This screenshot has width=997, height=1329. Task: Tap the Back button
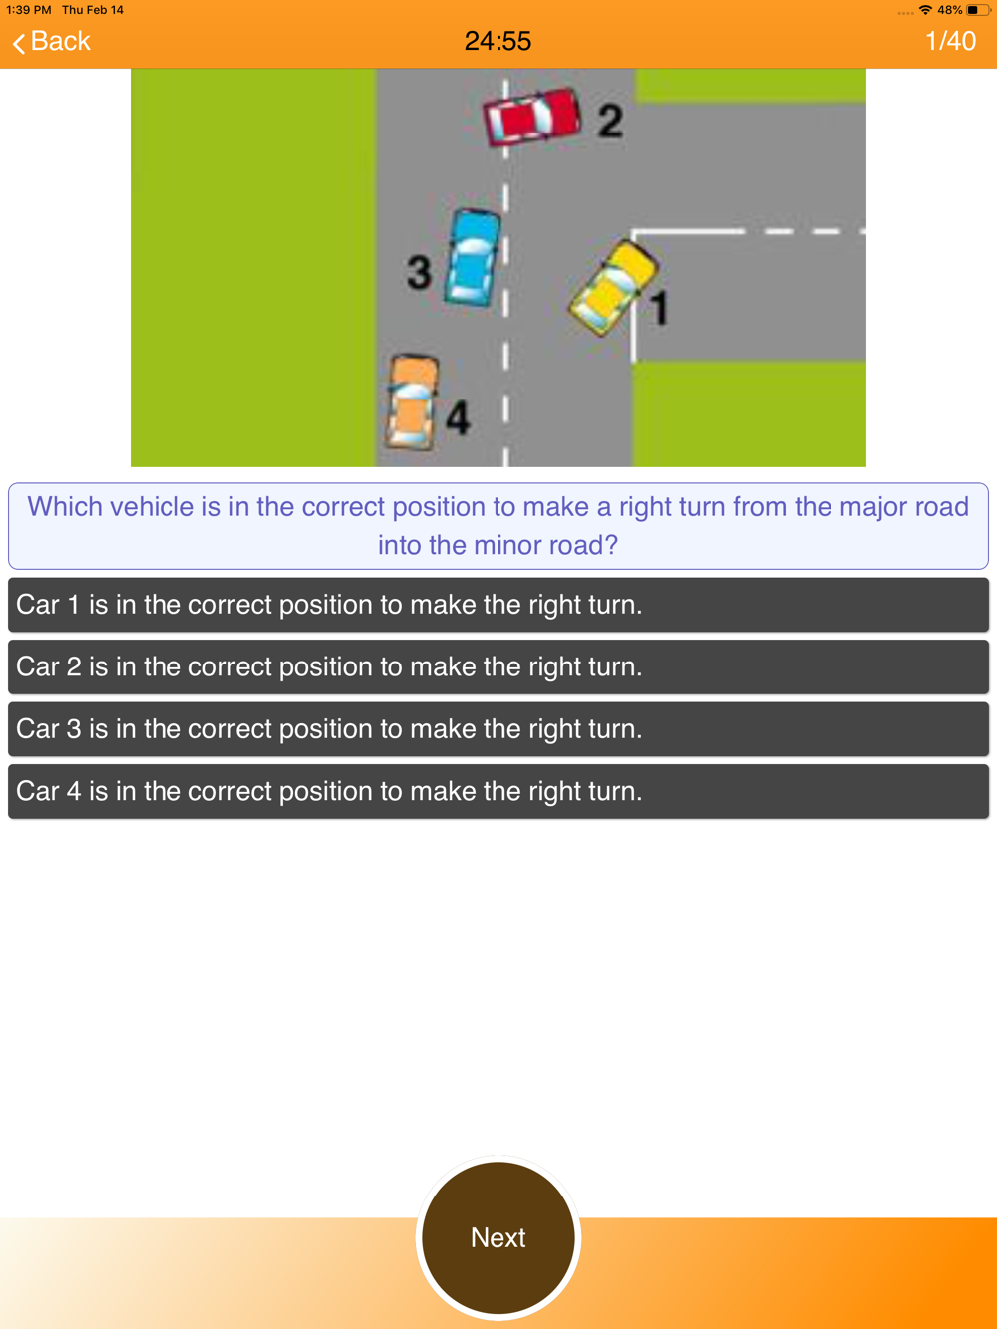52,41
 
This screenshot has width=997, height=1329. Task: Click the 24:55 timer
498,41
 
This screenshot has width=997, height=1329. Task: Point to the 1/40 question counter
950,41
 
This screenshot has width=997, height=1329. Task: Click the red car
532,117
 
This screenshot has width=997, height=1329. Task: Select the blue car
473,257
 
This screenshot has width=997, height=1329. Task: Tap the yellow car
612,287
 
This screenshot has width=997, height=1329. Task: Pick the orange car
412,402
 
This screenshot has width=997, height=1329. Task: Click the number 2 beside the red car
610,121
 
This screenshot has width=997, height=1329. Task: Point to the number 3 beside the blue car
419,271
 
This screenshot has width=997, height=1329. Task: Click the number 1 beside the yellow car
659,308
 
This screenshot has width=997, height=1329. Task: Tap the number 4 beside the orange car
458,417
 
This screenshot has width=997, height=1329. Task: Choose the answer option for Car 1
498,605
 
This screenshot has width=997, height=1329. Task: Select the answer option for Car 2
498,666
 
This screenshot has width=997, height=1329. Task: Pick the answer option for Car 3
498,729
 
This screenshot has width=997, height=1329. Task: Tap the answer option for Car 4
498,791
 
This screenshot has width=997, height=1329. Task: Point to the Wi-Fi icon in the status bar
925,10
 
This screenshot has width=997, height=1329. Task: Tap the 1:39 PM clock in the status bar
29,10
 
